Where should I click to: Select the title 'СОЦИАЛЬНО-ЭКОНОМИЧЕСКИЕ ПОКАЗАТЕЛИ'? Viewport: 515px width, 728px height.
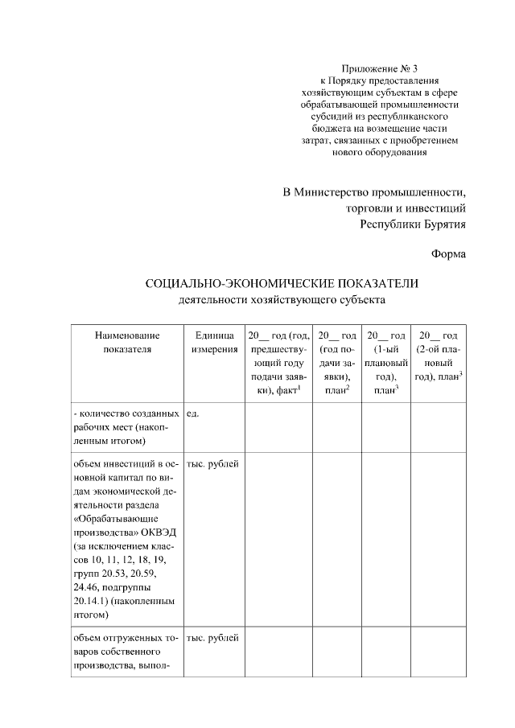click(282, 284)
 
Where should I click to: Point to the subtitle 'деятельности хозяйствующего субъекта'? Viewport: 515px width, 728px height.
click(282, 301)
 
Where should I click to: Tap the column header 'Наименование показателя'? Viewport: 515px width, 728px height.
click(127, 342)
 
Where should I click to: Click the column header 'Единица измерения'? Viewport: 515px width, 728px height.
click(214, 342)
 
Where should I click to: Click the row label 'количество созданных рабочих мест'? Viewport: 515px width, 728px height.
click(127, 427)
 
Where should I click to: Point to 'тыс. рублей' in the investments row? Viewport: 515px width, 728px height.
click(212, 464)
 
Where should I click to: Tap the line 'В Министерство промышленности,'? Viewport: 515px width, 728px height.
click(374, 193)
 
